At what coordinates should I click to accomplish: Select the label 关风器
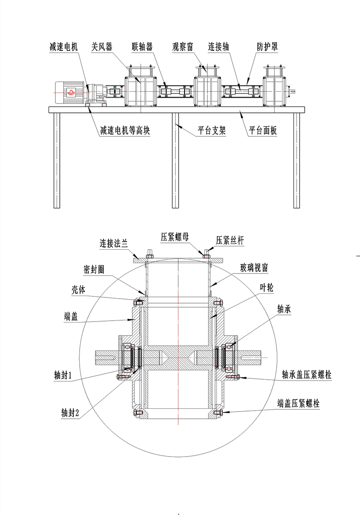point(101,47)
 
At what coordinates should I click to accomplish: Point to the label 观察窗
point(183,47)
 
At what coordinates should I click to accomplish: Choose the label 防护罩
point(267,47)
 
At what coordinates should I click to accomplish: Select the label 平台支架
point(211,131)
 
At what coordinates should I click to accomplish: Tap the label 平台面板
point(263,131)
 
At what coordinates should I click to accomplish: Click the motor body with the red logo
point(70,93)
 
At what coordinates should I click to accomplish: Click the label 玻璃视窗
point(254,268)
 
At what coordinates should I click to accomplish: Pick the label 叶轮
point(266,287)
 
